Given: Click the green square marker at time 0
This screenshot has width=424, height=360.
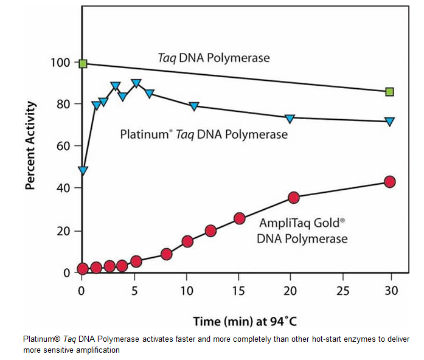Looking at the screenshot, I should click(83, 63).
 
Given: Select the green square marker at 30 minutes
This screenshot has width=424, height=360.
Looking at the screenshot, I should click(389, 92).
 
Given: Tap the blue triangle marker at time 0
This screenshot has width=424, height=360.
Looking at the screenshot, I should click(83, 171).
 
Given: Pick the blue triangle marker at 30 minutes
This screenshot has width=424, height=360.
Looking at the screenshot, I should click(389, 122).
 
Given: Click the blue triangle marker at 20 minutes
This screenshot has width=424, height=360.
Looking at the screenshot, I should click(290, 118).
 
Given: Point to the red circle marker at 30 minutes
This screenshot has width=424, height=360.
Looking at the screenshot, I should click(389, 181).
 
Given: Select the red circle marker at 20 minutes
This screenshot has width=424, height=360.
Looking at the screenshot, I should click(294, 197).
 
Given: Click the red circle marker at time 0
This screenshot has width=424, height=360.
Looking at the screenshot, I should click(83, 269).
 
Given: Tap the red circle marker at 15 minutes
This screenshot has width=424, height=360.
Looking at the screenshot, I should click(240, 218).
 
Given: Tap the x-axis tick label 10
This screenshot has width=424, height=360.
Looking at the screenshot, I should click(186, 290).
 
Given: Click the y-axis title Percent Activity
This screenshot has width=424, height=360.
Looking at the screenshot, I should click(30, 146).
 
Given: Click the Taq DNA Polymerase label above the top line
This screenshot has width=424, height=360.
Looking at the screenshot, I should click(211, 58).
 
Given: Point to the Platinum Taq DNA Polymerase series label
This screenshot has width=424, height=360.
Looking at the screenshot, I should click(204, 134).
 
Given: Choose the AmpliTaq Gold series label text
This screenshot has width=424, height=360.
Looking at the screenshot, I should click(302, 230).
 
